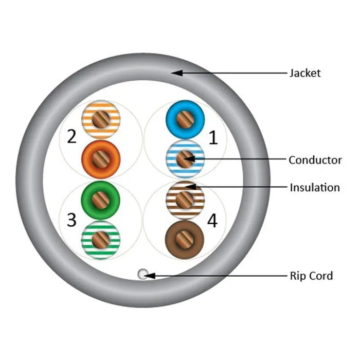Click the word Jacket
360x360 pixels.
[304, 73]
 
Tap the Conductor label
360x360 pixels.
[315, 160]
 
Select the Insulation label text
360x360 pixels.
[315, 187]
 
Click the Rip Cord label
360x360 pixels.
[311, 276]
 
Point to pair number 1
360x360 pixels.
[213, 137]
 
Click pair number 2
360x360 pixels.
[72, 137]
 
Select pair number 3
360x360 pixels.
[72, 220]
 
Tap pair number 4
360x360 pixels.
[212, 221]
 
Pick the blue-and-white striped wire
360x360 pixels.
[185, 159]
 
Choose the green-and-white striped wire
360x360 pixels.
[101, 238]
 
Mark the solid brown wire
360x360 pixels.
[185, 239]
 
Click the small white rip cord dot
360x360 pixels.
[142, 274]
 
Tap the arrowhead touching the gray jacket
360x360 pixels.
[176, 73]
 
